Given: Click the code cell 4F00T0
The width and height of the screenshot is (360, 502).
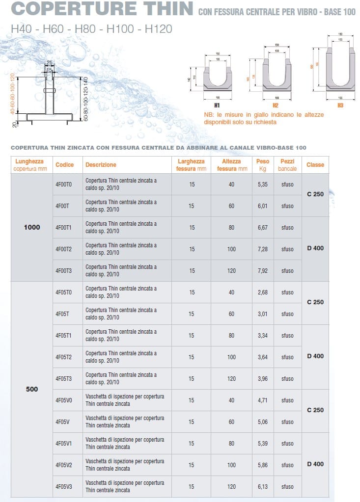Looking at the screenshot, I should coord(63,184).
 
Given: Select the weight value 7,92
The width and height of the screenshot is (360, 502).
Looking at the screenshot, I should coord(263,270).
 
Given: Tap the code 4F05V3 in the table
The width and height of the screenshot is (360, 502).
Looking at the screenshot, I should coord(64,486).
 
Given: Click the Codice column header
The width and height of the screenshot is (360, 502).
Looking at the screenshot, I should coord(64,165).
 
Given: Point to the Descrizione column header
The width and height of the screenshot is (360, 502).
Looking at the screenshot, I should coord(101,165).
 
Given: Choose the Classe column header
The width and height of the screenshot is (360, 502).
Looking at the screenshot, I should coord(315,165).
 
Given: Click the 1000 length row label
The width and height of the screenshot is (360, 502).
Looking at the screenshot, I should coord(32,227).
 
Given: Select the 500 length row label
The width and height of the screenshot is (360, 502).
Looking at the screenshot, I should coord(32,389).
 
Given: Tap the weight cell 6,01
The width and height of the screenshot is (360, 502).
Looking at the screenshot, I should coord(263,206).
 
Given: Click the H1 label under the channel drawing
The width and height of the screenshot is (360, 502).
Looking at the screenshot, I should coord(217,106).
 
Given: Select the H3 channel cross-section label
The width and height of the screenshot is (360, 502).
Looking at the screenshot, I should coord(340,106).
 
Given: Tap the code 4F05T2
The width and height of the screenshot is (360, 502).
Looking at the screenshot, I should coord(64,357).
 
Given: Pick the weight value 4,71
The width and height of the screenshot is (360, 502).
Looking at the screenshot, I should coord(263,400).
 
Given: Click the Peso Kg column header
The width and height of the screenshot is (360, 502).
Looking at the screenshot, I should coord(263,165).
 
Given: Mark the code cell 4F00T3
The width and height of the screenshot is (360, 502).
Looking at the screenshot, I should coord(64,270).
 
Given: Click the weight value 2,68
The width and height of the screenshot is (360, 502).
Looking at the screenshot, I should coord(263,292).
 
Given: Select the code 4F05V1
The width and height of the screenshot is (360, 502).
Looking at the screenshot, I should coord(64,443).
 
